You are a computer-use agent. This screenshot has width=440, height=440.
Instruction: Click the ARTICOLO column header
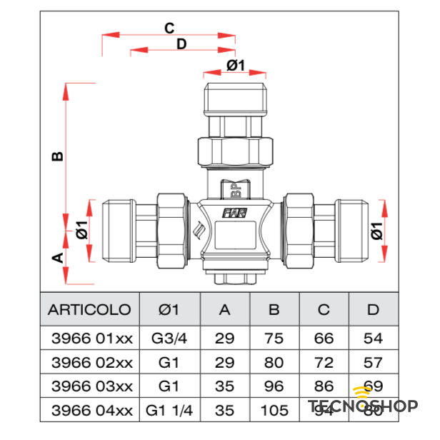89,310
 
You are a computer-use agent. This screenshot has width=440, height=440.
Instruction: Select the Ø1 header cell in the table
168,310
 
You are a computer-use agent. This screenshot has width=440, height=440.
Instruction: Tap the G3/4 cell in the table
168,338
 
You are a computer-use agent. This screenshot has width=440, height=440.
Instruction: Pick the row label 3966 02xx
89,361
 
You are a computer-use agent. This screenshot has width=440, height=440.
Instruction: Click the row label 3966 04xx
89,411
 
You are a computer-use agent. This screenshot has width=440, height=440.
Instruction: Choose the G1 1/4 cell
169,411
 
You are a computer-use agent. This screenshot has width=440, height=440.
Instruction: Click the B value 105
274,411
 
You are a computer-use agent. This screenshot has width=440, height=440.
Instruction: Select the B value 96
274,386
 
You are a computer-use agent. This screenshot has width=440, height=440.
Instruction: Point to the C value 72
324,361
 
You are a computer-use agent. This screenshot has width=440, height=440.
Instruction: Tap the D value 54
373,338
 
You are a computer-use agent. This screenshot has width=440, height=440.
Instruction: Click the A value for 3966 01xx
225,338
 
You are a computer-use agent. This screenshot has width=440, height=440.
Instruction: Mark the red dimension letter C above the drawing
169,29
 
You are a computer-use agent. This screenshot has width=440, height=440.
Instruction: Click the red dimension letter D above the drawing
181,44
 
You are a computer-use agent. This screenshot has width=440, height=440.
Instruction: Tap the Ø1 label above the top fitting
236,66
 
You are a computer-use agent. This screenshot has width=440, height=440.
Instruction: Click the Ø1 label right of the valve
376,231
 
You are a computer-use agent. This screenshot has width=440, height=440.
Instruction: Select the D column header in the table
373,310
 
